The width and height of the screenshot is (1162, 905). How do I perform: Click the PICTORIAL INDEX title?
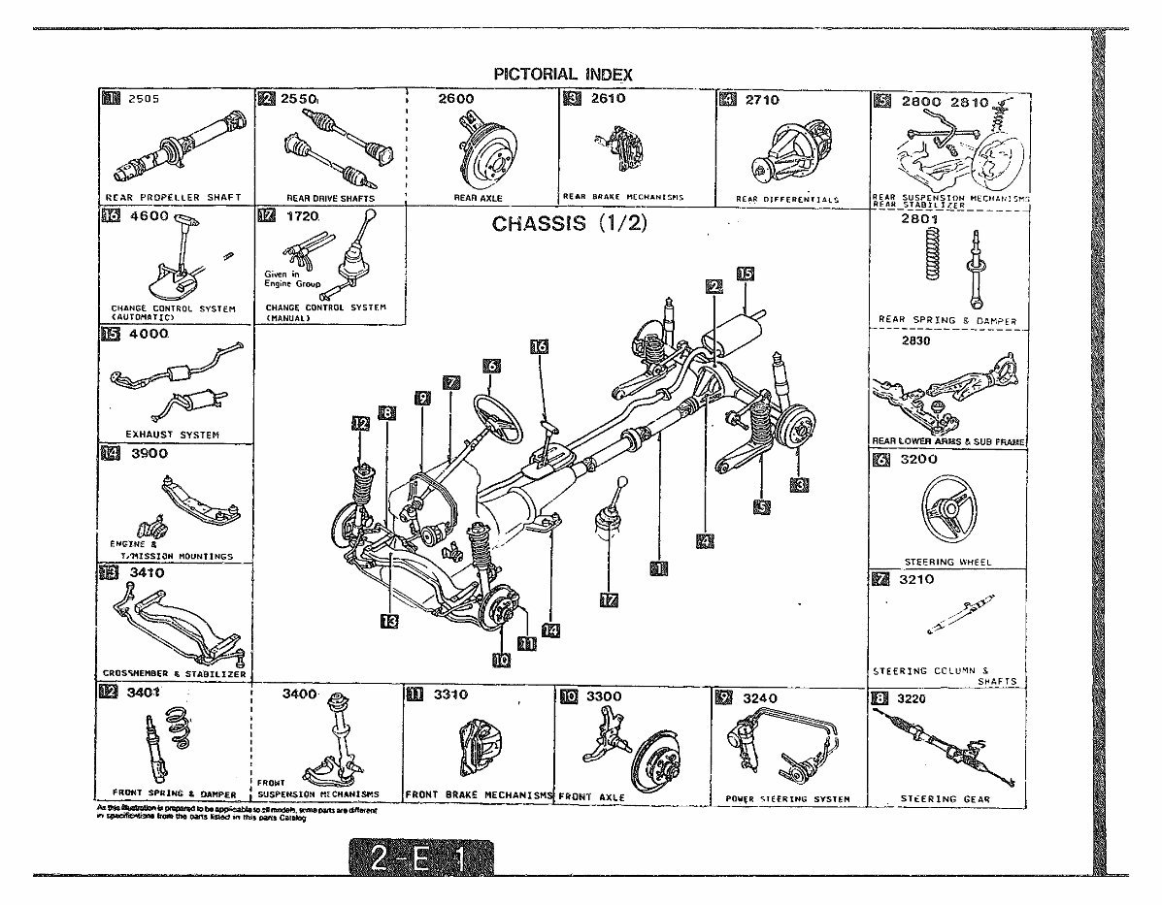(x=563, y=74)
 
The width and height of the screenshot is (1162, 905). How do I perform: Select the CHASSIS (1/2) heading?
(x=569, y=224)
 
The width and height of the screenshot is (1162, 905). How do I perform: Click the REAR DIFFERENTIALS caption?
(x=787, y=199)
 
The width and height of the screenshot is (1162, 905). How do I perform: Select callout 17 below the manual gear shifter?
(x=609, y=599)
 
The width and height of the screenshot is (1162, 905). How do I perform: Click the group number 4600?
(x=148, y=217)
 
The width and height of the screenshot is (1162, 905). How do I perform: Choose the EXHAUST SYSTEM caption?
(x=173, y=435)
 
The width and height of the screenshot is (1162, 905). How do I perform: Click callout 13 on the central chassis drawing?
(x=389, y=621)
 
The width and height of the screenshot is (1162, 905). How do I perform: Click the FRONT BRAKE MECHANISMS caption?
(x=478, y=794)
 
